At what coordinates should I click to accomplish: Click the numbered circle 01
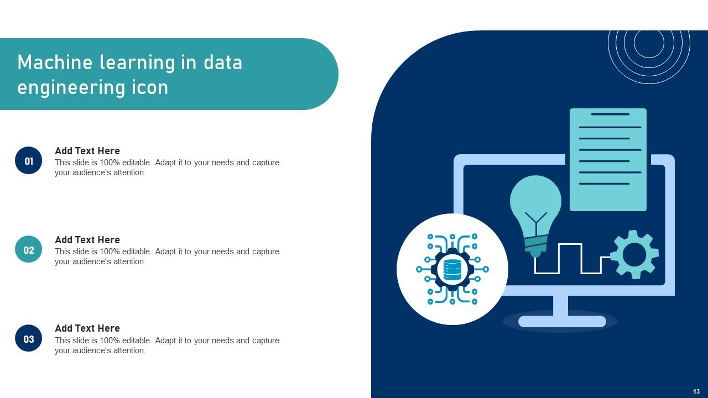[x=29, y=161]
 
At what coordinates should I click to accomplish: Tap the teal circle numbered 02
[x=29, y=250]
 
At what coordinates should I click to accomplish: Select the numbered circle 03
[x=29, y=339]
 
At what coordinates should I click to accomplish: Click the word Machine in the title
[x=55, y=62]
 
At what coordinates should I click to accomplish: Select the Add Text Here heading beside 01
[x=87, y=151]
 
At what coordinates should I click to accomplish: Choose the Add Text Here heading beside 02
[x=87, y=240]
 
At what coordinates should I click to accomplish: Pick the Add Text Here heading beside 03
[x=87, y=328]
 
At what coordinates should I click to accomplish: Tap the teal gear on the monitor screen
[x=634, y=254]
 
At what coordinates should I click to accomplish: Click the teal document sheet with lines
[x=608, y=159]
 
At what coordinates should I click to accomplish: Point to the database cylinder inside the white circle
[x=452, y=269]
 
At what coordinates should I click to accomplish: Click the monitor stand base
[x=562, y=321]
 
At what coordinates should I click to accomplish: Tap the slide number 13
[x=696, y=391]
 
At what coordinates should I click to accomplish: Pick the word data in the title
[x=223, y=62]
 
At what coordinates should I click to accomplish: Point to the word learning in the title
[x=137, y=62]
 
